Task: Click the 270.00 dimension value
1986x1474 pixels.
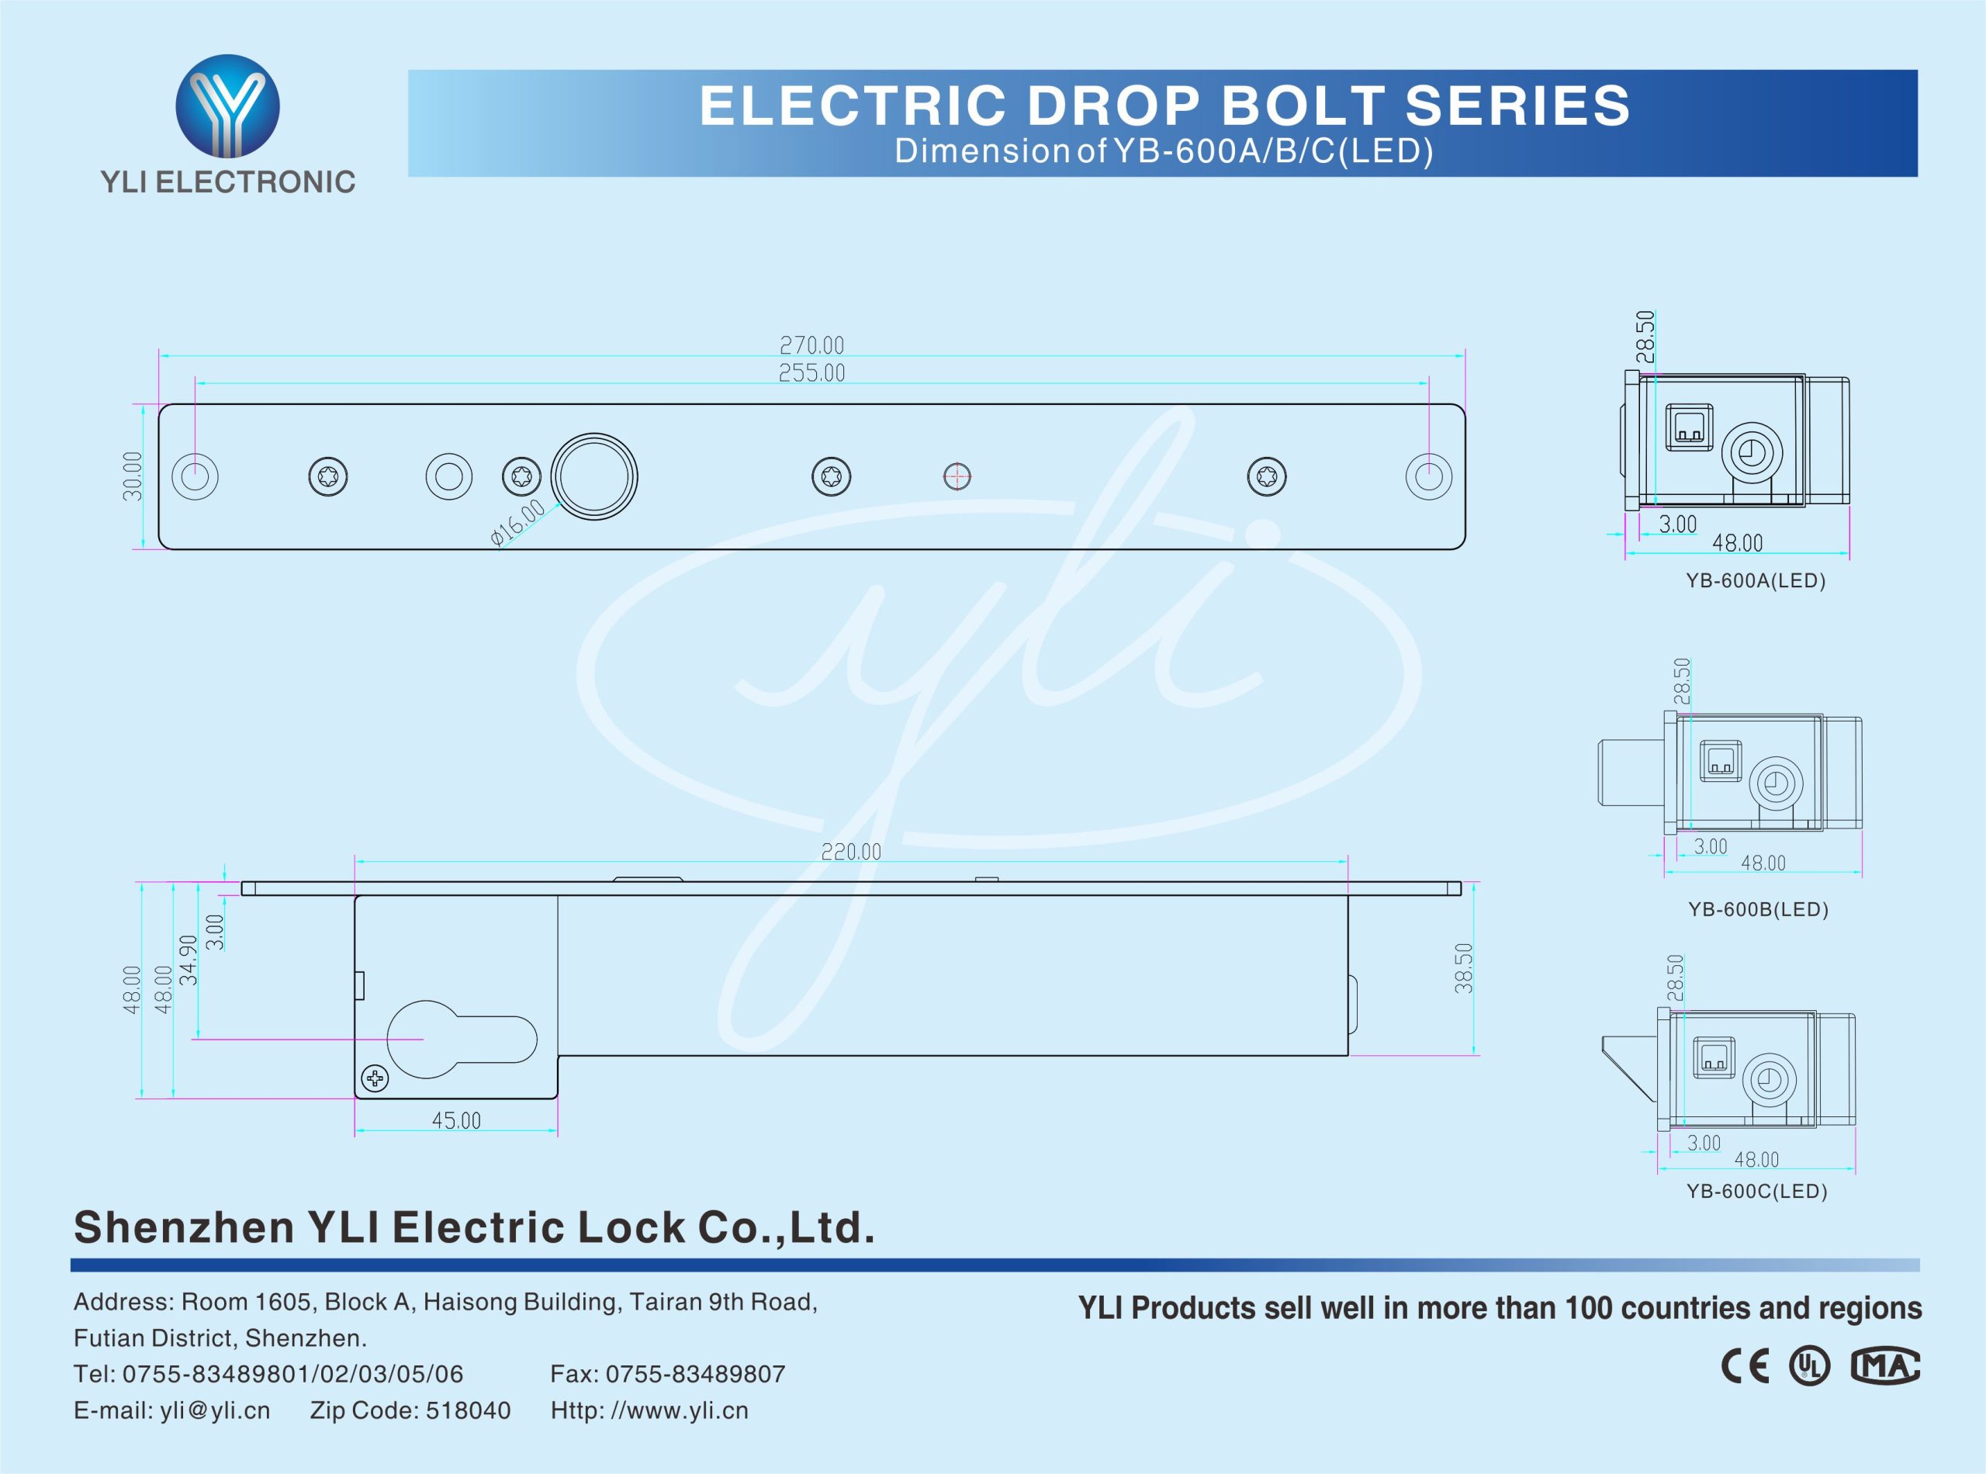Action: click(x=811, y=345)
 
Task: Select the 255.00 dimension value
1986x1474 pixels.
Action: click(x=811, y=373)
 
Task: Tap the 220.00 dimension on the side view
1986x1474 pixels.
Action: click(x=850, y=852)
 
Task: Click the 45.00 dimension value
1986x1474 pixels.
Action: click(x=456, y=1121)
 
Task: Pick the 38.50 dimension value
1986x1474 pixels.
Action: click(x=1463, y=968)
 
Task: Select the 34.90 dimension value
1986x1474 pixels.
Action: click(x=189, y=960)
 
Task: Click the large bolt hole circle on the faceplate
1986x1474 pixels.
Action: click(x=594, y=476)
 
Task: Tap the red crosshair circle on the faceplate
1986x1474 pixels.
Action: click(x=957, y=476)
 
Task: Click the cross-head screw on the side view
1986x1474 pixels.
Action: click(x=375, y=1080)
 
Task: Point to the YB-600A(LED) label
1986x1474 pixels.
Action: click(x=1756, y=581)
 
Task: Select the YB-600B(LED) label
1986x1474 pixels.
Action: click(x=1758, y=909)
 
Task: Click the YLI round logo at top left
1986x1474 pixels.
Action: click(x=227, y=106)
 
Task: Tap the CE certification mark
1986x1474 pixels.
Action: click(x=1745, y=1367)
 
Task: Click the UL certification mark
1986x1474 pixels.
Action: click(x=1809, y=1366)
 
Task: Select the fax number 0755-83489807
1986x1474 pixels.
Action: click(x=695, y=1374)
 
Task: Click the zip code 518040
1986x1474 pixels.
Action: click(x=469, y=1410)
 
